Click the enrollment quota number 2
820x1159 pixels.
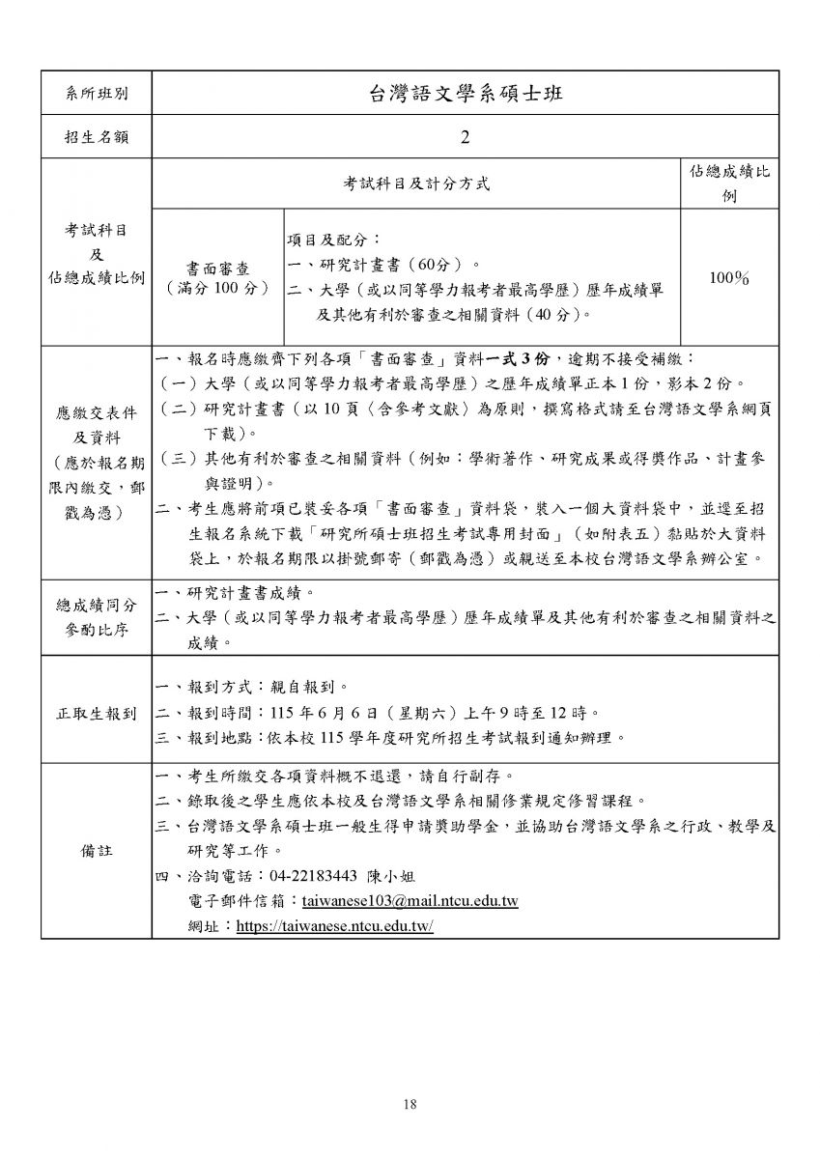click(x=465, y=138)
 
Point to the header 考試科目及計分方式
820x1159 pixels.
click(x=416, y=183)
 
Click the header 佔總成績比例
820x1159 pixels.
click(x=729, y=183)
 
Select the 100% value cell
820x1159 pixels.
click(x=729, y=278)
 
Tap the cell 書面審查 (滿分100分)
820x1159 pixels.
click(x=217, y=277)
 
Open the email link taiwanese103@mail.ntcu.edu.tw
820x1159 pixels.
click(x=410, y=901)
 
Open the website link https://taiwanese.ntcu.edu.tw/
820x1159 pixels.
click(x=334, y=925)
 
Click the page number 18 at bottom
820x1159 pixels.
click(x=410, y=1105)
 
